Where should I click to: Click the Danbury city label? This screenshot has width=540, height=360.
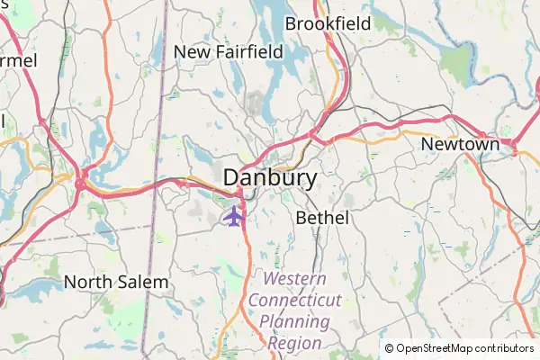coord(270,177)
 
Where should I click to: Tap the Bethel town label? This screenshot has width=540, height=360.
coord(322,218)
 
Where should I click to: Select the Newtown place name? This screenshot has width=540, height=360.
coord(460,144)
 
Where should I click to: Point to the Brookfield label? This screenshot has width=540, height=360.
coord(328,23)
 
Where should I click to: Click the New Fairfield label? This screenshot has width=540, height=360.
coord(228,52)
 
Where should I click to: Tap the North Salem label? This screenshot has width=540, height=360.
coord(116,282)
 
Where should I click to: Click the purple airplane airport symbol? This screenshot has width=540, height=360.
coord(234,216)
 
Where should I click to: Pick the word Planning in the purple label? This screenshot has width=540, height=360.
coord(295,321)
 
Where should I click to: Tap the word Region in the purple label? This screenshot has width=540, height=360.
coord(295,343)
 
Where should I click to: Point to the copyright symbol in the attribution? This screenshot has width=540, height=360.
coord(389,348)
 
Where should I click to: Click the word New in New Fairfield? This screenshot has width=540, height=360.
coord(192,52)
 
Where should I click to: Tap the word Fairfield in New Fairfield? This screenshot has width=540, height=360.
coord(247,52)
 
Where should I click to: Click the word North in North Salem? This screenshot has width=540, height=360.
coord(88,282)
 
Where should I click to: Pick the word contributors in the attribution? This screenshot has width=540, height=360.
coord(502,348)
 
